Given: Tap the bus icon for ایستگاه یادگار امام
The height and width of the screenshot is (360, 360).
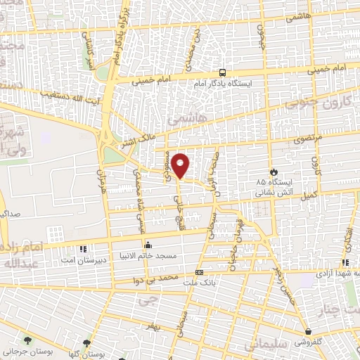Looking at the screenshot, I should [223, 72].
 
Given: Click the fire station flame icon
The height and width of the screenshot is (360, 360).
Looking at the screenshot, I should [273, 172].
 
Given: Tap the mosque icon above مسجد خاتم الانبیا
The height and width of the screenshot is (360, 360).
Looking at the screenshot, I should [148, 245].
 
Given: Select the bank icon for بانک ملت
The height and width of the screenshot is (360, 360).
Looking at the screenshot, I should [199, 272].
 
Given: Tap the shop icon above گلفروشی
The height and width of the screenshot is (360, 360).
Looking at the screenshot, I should [308, 331].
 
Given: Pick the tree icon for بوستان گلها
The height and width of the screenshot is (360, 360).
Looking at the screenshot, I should [86, 343].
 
